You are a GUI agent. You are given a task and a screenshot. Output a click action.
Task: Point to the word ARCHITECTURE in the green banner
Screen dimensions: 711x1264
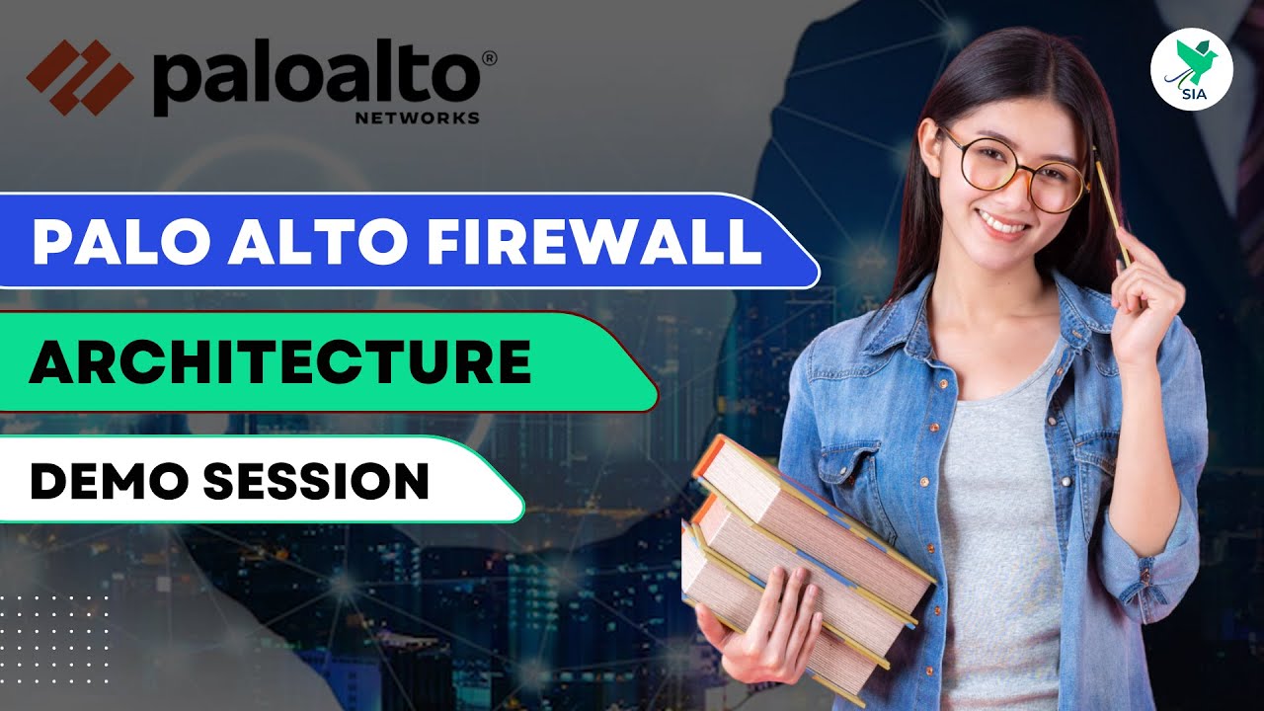coord(279,361)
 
